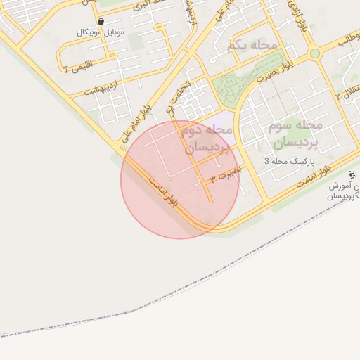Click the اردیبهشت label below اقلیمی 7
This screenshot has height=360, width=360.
pos(99,89)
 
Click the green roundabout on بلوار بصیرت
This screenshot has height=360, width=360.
pos(314,53)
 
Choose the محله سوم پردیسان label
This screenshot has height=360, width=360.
pos(294,133)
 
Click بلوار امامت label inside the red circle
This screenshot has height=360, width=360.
pos(164,191)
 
